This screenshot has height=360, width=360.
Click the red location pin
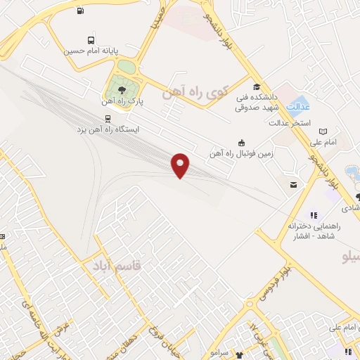[181, 165]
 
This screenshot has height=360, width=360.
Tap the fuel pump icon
[81, 11]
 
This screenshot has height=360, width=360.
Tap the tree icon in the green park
[122, 90]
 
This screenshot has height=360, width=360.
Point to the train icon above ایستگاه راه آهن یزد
[107, 118]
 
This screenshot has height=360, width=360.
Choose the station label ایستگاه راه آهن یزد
[108, 130]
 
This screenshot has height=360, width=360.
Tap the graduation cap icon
[255, 86]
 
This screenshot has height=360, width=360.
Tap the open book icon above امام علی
[323, 131]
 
